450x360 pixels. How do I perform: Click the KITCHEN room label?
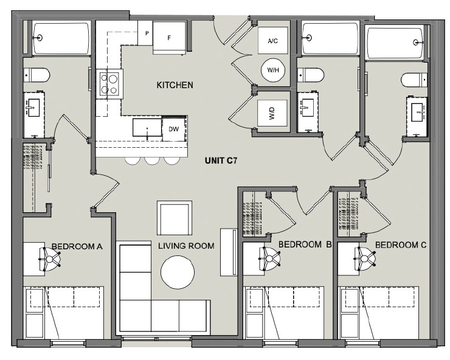pos(175,85)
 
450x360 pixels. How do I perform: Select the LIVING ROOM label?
pos(186,246)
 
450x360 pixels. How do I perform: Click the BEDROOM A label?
pos(76,246)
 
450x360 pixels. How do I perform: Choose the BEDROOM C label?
pos(401,244)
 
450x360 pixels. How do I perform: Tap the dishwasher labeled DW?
pos(173,130)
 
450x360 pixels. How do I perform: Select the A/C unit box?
pos(272,41)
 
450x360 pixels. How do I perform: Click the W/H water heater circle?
pos(272,71)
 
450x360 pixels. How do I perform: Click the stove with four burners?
pos(109,84)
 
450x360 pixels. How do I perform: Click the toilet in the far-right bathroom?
pos(414,80)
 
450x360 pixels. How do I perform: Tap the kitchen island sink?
pos(147,129)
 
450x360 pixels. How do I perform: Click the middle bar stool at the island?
pos(151,161)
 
